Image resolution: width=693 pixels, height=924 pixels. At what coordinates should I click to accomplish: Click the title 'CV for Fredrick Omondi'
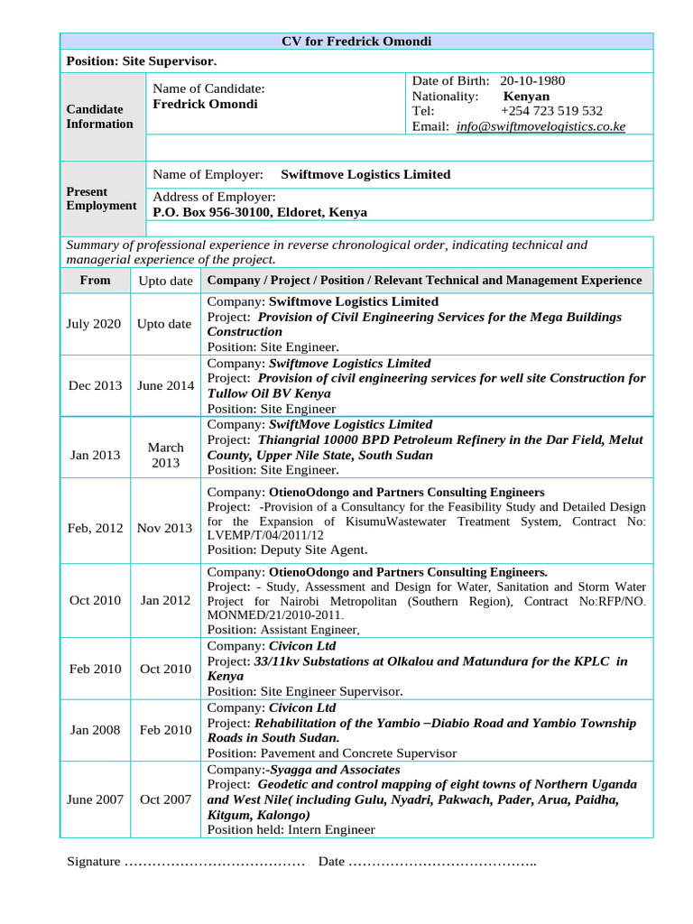pyautogui.click(x=357, y=42)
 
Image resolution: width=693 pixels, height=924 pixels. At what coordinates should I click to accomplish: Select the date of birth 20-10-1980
pyautogui.click(x=532, y=81)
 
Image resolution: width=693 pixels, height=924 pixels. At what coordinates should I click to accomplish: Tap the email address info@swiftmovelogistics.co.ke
pyautogui.click(x=541, y=127)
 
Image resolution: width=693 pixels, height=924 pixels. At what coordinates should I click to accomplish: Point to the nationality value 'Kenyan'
pyautogui.click(x=526, y=97)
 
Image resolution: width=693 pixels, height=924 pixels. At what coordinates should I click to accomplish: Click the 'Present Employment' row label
pyautogui.click(x=100, y=199)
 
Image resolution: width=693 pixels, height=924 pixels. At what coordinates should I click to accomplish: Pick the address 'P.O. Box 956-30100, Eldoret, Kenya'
pyautogui.click(x=260, y=212)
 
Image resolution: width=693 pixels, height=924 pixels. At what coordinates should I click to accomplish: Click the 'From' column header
pyautogui.click(x=95, y=281)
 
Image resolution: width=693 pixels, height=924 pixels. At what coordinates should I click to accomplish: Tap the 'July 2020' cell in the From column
pyautogui.click(x=94, y=324)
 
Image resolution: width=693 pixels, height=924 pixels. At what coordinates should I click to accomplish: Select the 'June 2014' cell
pyautogui.click(x=165, y=385)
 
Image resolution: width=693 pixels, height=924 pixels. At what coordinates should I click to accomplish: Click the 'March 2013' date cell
pyautogui.click(x=165, y=455)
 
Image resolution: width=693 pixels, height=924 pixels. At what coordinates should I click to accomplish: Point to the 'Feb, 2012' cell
pyautogui.click(x=95, y=528)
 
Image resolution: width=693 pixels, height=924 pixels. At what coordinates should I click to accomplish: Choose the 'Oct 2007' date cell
pyautogui.click(x=165, y=799)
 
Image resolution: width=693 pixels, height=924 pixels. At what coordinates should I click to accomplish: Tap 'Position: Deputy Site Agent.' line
pyautogui.click(x=287, y=550)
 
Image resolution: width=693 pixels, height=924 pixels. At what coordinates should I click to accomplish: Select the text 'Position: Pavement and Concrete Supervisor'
pyautogui.click(x=332, y=753)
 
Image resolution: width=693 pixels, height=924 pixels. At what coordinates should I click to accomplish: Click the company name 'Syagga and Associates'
pyautogui.click(x=332, y=770)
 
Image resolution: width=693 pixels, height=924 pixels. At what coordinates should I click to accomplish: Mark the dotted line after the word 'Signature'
pyautogui.click(x=214, y=863)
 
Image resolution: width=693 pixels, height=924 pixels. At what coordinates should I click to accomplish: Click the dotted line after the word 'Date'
pyautogui.click(x=441, y=863)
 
